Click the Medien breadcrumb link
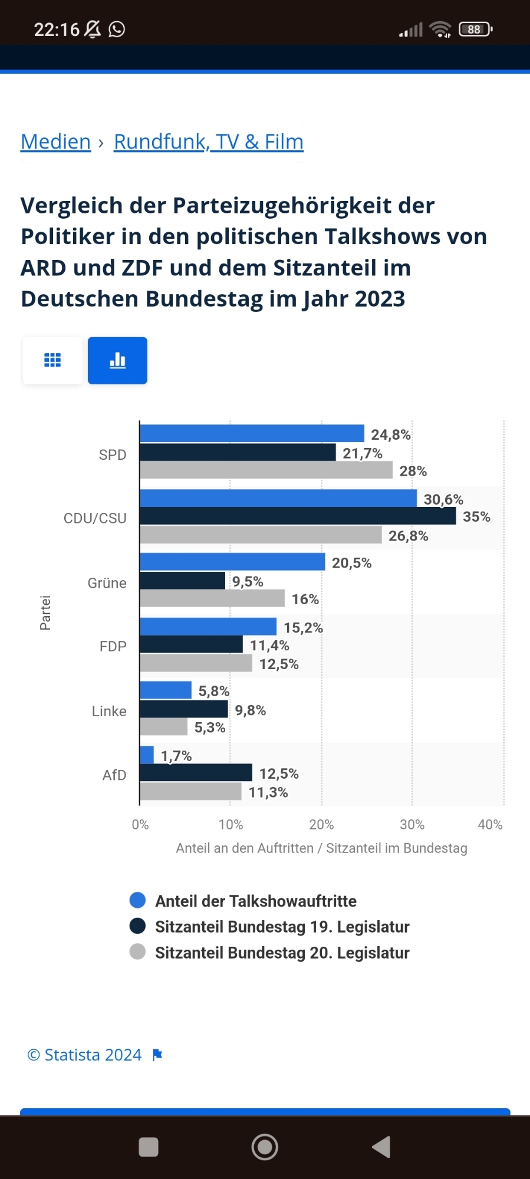pos(56,142)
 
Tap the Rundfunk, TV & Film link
pos(208,142)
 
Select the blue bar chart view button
pos(117,361)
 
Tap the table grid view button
pos(52,361)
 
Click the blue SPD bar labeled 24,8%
pos(252,434)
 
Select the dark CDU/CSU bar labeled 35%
pos(298,516)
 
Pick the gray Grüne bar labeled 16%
pos(212,598)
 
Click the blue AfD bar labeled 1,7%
pos(147,755)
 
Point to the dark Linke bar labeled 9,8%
pos(184,709)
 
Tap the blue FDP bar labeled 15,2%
pos(208,627)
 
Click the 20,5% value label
pos(351,563)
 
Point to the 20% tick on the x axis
pos(321,825)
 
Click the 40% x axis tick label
pos(490,825)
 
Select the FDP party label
pos(113,647)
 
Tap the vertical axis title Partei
pos(45,612)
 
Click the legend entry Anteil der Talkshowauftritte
pos(255,901)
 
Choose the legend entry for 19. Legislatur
pos(282,927)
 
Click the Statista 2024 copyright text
pos(85,1055)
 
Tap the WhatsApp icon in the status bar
pos(117,29)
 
